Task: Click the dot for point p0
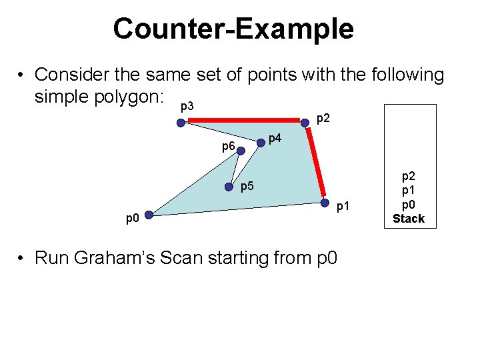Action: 149,215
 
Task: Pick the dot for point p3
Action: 181,122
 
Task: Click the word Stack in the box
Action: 408,219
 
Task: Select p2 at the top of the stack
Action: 408,177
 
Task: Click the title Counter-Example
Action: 233,29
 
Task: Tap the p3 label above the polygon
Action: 187,107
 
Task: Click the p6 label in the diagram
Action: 228,146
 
